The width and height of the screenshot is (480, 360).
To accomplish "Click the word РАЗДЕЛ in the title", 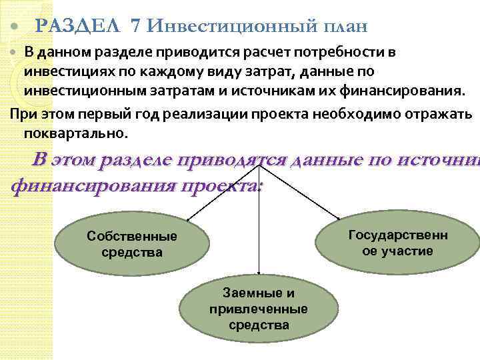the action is [79, 27].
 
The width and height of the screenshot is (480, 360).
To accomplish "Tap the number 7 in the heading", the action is [137, 27].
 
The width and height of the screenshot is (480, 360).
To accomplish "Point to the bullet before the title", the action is [15, 29].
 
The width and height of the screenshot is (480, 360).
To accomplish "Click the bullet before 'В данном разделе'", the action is [15, 53].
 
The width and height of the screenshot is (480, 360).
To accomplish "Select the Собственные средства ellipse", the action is [132, 244].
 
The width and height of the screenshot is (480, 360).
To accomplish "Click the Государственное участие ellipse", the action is [397, 243].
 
